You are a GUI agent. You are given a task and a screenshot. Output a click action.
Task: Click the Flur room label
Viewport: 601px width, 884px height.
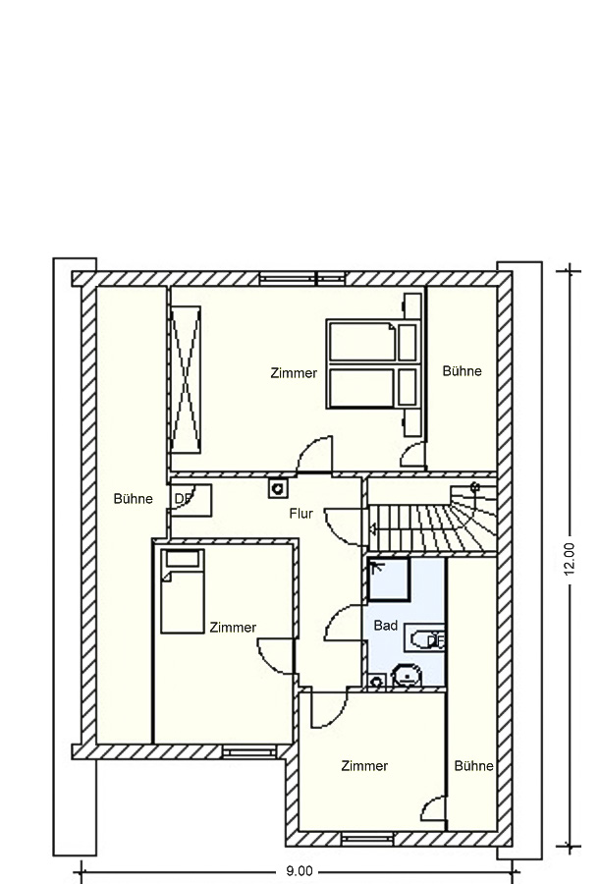[301, 514]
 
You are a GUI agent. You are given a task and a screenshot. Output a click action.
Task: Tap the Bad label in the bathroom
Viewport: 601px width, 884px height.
[386, 626]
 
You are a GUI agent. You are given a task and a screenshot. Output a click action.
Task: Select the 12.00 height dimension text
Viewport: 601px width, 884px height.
[569, 559]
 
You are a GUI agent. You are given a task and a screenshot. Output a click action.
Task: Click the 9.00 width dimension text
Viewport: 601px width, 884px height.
[300, 871]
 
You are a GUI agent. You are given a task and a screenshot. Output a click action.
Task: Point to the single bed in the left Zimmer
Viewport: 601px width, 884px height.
[183, 591]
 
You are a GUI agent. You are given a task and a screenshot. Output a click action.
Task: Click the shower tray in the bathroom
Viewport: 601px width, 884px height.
[389, 580]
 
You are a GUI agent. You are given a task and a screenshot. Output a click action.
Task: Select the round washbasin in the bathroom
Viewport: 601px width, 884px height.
[408, 675]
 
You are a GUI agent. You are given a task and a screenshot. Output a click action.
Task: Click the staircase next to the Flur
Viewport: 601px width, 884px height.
[433, 515]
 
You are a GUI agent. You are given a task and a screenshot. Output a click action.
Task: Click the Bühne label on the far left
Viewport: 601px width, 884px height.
[133, 499]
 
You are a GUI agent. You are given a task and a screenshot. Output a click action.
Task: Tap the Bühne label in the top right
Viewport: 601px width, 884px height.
[463, 371]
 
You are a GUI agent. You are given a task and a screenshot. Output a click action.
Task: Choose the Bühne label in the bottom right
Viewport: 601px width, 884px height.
[474, 765]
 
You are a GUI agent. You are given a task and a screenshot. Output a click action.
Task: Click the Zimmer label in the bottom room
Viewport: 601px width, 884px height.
[364, 765]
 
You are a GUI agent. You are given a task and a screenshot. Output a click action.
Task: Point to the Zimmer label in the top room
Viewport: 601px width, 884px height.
[294, 373]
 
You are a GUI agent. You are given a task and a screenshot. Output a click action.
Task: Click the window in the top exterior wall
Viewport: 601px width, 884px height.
[302, 279]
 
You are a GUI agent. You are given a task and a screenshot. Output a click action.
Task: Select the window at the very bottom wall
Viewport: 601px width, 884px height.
[368, 839]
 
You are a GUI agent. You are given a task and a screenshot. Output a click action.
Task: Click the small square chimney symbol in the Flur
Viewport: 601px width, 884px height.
[277, 488]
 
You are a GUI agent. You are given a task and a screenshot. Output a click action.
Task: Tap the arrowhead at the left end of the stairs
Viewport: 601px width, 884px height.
[372, 528]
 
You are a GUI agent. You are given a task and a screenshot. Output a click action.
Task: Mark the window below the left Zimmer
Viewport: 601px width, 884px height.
[249, 751]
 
